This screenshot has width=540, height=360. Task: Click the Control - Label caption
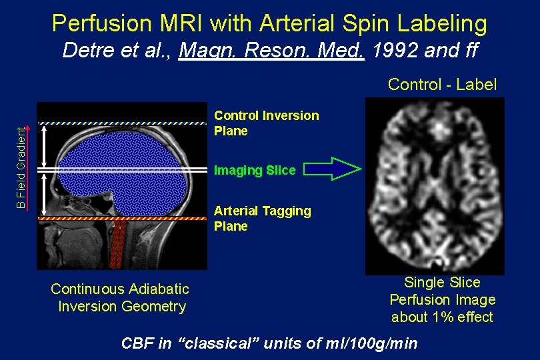442,85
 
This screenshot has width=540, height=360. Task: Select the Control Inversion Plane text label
266,123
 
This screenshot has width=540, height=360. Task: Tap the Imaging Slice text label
254,171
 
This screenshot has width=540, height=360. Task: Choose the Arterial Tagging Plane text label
262,219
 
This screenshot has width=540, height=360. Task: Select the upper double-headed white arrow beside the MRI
44,147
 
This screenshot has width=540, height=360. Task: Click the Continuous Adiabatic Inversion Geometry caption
121,297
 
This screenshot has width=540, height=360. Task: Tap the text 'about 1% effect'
442,317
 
